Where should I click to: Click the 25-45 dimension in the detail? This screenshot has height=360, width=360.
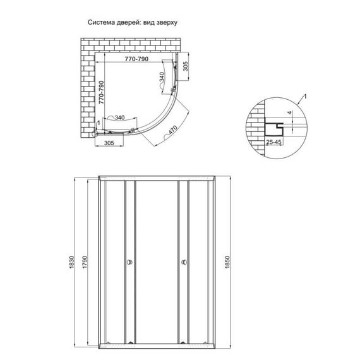(x=273, y=143)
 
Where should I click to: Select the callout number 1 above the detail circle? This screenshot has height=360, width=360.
(x=306, y=95)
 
